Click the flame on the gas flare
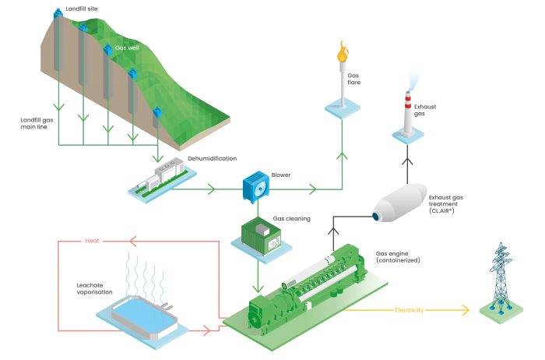(341, 54)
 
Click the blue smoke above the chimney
(413, 77)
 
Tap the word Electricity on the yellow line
(410, 310)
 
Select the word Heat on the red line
(93, 241)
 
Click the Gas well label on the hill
(126, 48)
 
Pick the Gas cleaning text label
(292, 219)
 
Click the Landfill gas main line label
(36, 124)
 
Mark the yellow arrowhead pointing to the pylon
(466, 310)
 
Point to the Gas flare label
(354, 78)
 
